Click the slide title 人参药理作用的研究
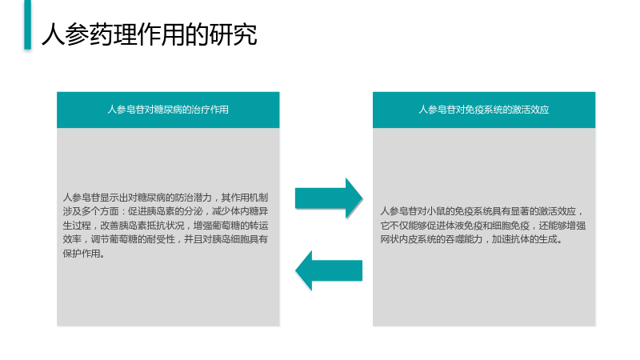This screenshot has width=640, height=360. pyautogui.click(x=150, y=34)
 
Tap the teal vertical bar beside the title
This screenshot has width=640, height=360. pyautogui.click(x=28, y=25)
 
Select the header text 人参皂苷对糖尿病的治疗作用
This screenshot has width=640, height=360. pyautogui.click(x=168, y=110)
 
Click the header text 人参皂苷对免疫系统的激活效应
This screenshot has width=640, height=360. pyautogui.click(x=484, y=110)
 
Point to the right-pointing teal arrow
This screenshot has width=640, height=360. pyautogui.click(x=329, y=198)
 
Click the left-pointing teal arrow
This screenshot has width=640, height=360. pyautogui.click(x=329, y=270)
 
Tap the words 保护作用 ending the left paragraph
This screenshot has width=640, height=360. pyautogui.click(x=82, y=253)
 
